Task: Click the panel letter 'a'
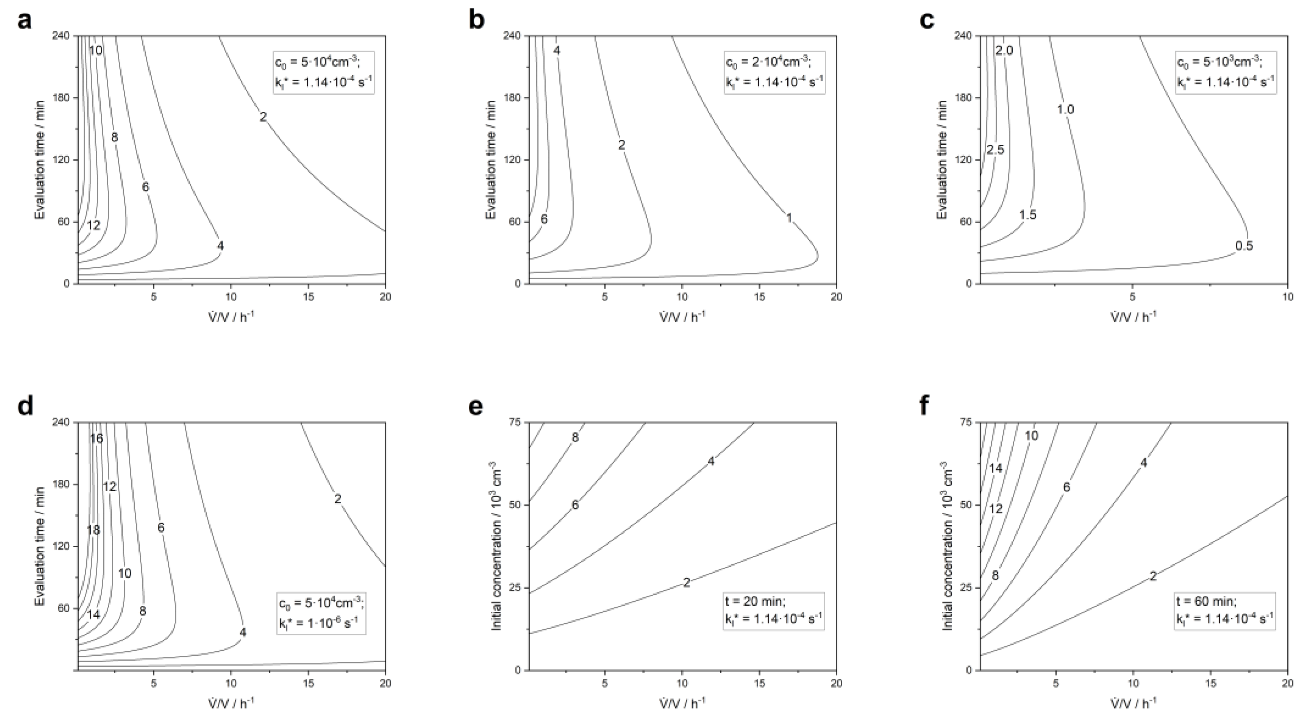tap(24, 21)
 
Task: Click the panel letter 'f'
tap(924, 407)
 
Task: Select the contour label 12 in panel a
tap(93, 225)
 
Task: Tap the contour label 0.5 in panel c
tap(1243, 246)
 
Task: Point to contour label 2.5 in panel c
tap(995, 150)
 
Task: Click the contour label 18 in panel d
tap(93, 530)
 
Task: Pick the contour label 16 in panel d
tap(96, 438)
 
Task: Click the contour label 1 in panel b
tap(789, 218)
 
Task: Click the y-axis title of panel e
tap(496, 546)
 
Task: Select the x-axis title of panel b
tap(682, 317)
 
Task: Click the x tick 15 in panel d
tap(308, 683)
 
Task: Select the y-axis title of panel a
tap(40, 160)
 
